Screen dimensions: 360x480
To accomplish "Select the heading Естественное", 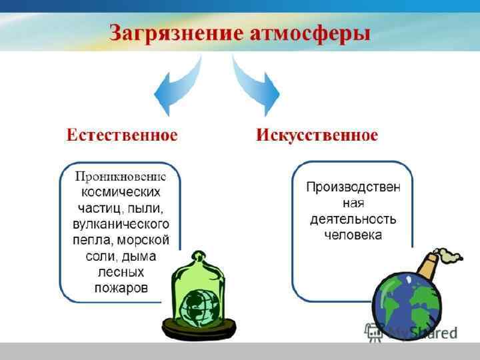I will (x=122, y=135).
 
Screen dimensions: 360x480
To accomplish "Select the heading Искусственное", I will (x=317, y=135).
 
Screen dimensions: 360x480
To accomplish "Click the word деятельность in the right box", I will (x=353, y=219).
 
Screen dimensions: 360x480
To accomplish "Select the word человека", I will (x=353, y=235).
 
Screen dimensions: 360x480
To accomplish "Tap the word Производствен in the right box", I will (x=353, y=187).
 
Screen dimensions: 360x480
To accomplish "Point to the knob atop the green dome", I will (x=198, y=256).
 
